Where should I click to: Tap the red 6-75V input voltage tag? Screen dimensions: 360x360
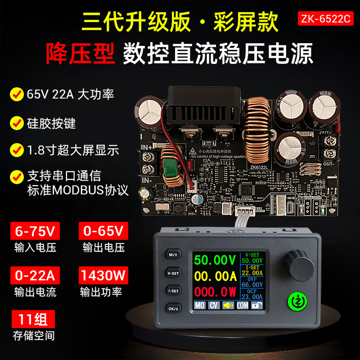pyautogui.click(x=35, y=231)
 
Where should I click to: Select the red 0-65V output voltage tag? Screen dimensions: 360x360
pyautogui.click(x=103, y=231)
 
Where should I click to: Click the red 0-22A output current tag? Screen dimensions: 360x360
pyautogui.click(x=35, y=275)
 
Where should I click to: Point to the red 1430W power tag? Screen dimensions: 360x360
pyautogui.click(x=103, y=275)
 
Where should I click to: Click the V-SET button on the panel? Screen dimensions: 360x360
pyautogui.click(x=173, y=273)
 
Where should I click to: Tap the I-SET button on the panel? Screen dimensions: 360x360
pyautogui.click(x=173, y=291)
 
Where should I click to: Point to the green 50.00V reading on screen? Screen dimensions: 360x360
pyautogui.click(x=215, y=261)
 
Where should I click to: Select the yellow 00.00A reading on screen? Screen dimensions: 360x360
pyautogui.click(x=215, y=276)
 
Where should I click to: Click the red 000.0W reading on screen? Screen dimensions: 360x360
pyautogui.click(x=215, y=292)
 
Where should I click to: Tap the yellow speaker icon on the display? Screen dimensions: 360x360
pyautogui.click(x=229, y=306)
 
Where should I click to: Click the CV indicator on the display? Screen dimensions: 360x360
pyautogui.click(x=214, y=306)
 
